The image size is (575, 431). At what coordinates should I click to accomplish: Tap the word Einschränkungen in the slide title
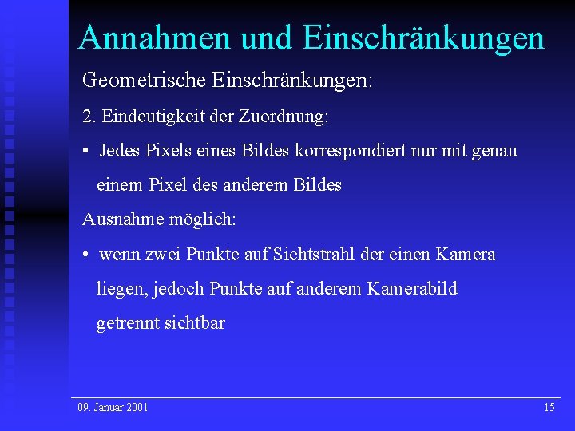pos(424,38)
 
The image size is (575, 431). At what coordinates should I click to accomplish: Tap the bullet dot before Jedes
pos(85,151)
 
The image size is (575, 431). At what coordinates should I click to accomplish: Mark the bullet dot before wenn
pos(85,255)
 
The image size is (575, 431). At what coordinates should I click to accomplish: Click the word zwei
pos(163,255)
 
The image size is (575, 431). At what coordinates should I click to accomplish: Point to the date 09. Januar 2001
pos(113,407)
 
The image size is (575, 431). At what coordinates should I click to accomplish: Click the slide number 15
pos(549,407)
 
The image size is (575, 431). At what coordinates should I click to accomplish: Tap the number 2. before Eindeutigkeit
pos(88,117)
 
